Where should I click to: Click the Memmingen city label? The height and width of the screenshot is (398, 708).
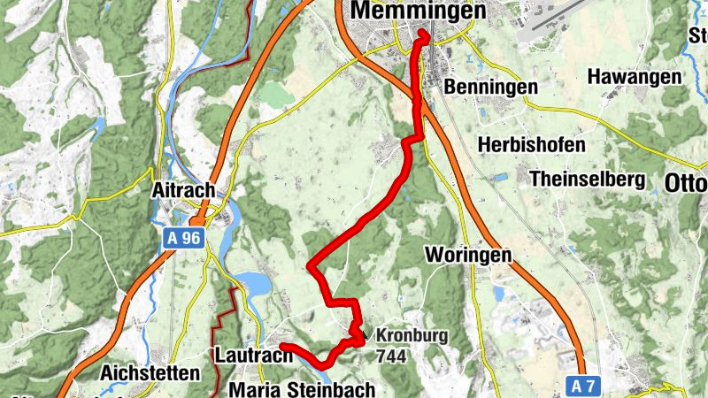(x=419, y=11)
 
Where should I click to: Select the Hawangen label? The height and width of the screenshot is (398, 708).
(x=635, y=77)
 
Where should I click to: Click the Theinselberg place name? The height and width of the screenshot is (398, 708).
(x=587, y=179)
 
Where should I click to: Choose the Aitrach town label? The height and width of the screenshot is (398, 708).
(x=183, y=190)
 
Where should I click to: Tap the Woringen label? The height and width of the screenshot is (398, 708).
(x=468, y=255)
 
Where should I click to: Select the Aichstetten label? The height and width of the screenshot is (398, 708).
(x=150, y=372)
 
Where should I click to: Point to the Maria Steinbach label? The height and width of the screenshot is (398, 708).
(x=302, y=389)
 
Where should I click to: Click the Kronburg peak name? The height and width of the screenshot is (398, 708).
(x=412, y=336)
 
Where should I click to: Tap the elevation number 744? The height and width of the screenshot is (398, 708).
(x=392, y=356)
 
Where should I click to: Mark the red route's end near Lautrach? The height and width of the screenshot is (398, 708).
(x=282, y=346)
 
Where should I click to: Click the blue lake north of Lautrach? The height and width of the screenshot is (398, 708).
(x=251, y=285)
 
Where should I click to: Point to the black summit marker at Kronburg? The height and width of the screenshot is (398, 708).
(x=362, y=337)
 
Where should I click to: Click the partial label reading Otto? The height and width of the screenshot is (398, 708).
(x=686, y=183)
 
